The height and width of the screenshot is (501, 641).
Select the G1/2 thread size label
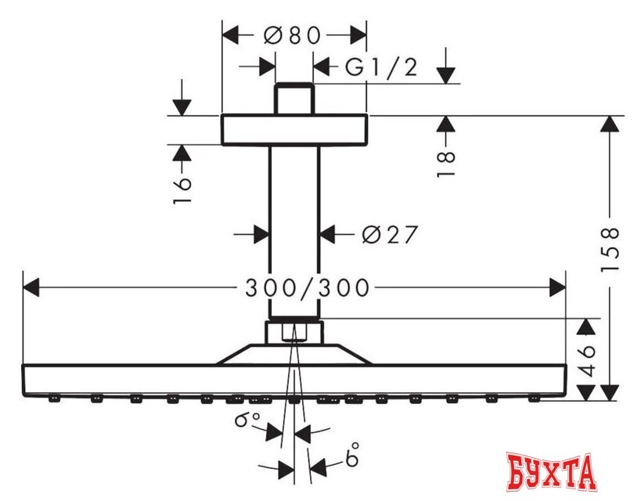coord(381,68)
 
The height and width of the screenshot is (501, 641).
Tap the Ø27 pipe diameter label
coord(390,234)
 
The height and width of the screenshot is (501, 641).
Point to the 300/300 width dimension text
coord(306,288)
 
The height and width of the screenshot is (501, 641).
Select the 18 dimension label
coord(445,162)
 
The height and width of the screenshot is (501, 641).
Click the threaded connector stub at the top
coord(294,99)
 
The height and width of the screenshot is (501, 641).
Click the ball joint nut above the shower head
coord(293,332)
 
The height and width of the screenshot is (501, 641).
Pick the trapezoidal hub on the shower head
coord(293,355)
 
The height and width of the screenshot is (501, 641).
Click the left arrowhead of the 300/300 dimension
coord(31,288)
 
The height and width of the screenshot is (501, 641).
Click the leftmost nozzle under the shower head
coord(54,398)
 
